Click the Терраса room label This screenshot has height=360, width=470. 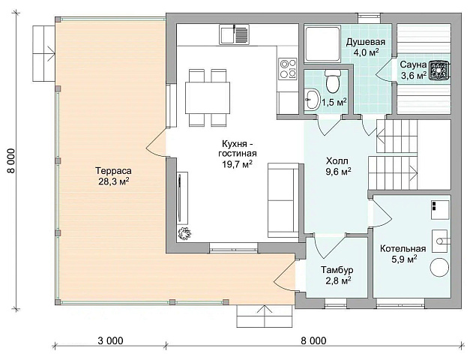[114, 175]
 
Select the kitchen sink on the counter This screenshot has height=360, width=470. [234, 34]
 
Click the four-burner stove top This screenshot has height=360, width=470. [288, 69]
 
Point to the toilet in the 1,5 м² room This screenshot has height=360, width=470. [333, 81]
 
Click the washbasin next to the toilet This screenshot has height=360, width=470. [312, 99]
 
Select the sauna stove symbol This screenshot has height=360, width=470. [439, 70]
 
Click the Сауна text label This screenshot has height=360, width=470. [413, 64]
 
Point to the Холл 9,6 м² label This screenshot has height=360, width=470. [339, 166]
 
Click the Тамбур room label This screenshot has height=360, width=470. [337, 274]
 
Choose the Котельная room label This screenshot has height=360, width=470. [403, 253]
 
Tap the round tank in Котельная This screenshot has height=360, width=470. [440, 267]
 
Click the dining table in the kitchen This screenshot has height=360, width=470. [208, 97]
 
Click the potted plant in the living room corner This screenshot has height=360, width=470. [184, 233]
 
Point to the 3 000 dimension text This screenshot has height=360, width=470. [110, 340]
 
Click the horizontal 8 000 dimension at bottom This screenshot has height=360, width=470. [314, 340]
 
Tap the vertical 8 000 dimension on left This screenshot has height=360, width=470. [11, 160]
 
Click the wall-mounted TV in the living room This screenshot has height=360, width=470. [180, 198]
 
